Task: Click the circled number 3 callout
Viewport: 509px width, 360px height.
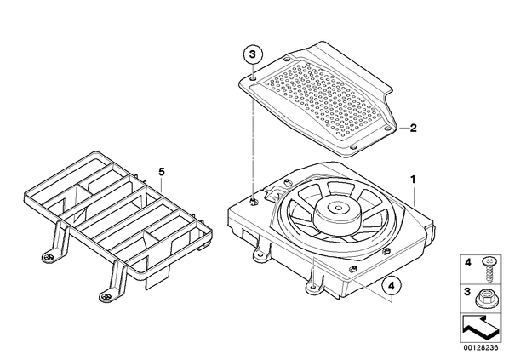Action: pyautogui.click(x=253, y=54)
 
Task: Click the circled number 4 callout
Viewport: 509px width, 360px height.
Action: pyautogui.click(x=392, y=286)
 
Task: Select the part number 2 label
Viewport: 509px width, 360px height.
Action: pyautogui.click(x=413, y=128)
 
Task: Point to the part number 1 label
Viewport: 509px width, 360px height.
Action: pyautogui.click(x=413, y=180)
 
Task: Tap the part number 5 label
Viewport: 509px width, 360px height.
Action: pyautogui.click(x=162, y=172)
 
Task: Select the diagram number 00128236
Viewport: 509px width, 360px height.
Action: pyautogui.click(x=480, y=348)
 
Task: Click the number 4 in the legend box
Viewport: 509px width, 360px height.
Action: pyautogui.click(x=468, y=263)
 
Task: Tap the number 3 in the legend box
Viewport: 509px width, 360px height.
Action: pyautogui.click(x=467, y=292)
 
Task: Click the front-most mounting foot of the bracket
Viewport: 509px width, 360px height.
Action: pyautogui.click(x=106, y=296)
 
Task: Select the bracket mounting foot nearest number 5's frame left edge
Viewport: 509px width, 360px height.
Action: pyautogui.click(x=49, y=257)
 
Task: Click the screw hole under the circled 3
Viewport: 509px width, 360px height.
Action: pyautogui.click(x=253, y=79)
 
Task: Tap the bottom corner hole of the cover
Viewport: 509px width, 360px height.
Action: pyautogui.click(x=353, y=147)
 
